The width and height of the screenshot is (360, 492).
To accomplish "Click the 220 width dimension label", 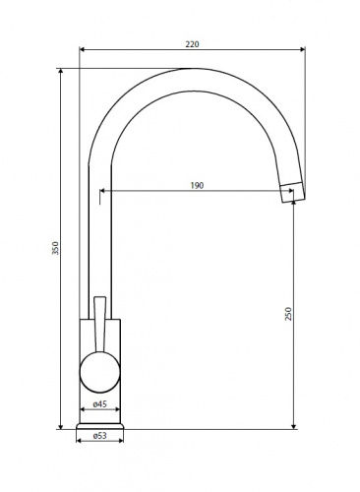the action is point(192,44).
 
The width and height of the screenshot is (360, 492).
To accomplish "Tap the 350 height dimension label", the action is point(56,248).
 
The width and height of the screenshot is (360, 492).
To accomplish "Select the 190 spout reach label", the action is point(197,185).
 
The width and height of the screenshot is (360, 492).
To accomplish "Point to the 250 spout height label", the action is point(288,314).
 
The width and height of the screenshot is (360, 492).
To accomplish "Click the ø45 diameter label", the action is point(100,404).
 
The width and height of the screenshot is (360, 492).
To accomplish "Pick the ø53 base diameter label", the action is point(100,436).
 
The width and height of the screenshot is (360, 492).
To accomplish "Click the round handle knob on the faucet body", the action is point(100,373).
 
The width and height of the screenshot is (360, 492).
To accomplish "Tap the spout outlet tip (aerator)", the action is point(293,193).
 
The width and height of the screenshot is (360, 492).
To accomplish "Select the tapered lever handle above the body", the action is point(100,325).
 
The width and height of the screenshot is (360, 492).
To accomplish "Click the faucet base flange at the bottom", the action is point(100,426).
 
